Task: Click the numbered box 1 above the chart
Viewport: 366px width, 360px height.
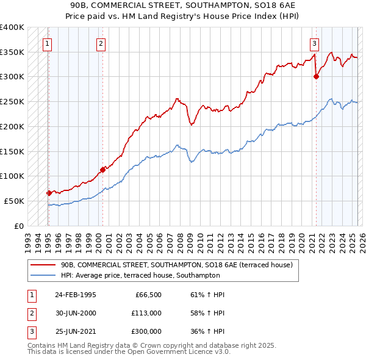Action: (x=48, y=43)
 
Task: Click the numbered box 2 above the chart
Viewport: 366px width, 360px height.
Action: (x=101, y=43)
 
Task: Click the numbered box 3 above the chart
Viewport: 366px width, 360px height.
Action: (x=314, y=43)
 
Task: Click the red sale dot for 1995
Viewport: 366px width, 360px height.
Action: (x=49, y=193)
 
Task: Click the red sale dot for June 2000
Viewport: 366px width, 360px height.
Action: (x=102, y=170)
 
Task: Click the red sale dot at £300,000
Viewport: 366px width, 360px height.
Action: (x=316, y=77)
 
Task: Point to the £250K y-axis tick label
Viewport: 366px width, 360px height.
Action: (x=12, y=101)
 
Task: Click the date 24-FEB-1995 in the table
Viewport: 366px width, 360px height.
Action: (x=76, y=295)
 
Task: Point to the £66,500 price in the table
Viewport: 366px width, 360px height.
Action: (x=147, y=295)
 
